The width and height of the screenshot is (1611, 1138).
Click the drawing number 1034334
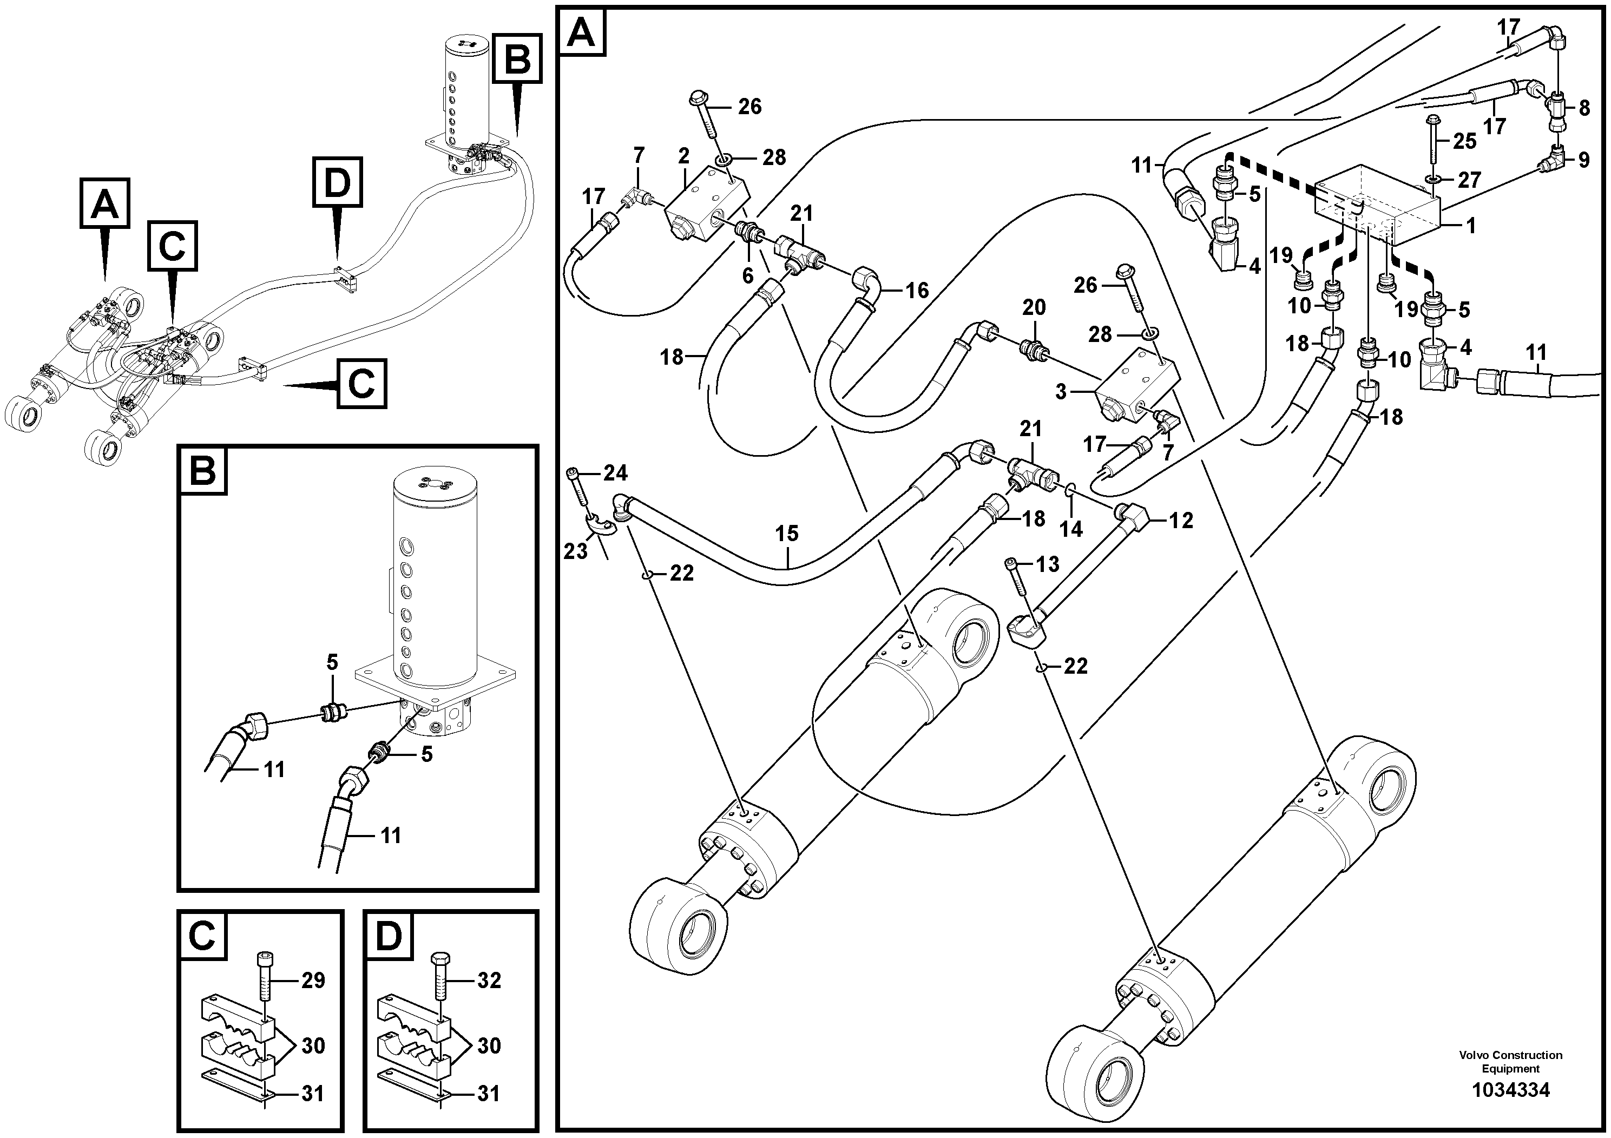1511,1090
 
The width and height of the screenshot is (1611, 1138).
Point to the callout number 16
917,291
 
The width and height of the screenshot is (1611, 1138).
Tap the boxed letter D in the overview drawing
338,184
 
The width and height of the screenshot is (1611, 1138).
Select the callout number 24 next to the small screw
615,473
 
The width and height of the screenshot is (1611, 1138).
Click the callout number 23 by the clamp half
575,552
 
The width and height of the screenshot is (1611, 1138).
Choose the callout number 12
1181,521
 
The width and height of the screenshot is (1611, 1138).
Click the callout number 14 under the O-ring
1071,529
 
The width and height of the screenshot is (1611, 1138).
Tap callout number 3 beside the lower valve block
1061,391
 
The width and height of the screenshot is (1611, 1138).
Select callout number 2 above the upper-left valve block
684,156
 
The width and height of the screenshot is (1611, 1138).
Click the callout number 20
1034,307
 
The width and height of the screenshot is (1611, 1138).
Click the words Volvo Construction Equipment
1511,1062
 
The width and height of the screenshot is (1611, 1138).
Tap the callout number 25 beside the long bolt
1465,141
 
